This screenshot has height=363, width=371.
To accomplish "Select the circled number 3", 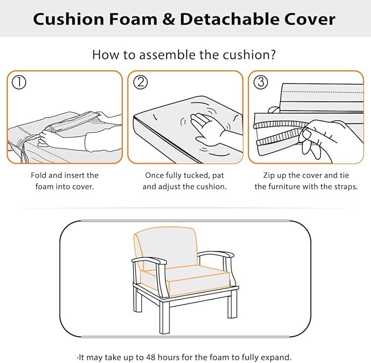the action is pyautogui.click(x=261, y=82).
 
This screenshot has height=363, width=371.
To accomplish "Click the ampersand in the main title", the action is pyautogui.click(x=168, y=19).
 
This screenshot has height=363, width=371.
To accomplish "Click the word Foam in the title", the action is pyautogui.click(x=133, y=19).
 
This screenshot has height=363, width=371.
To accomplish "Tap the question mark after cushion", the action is pyautogui.click(x=273, y=55).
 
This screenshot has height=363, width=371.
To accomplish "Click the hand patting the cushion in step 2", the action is pyautogui.click(x=208, y=129).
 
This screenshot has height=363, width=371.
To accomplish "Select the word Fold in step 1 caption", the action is pyautogui.click(x=39, y=175).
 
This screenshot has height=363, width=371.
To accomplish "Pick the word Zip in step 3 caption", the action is pyautogui.click(x=268, y=176).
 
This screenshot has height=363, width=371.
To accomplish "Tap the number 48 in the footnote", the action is pyautogui.click(x=151, y=356).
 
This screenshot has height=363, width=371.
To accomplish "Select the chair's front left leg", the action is pyautogui.click(x=164, y=316).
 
